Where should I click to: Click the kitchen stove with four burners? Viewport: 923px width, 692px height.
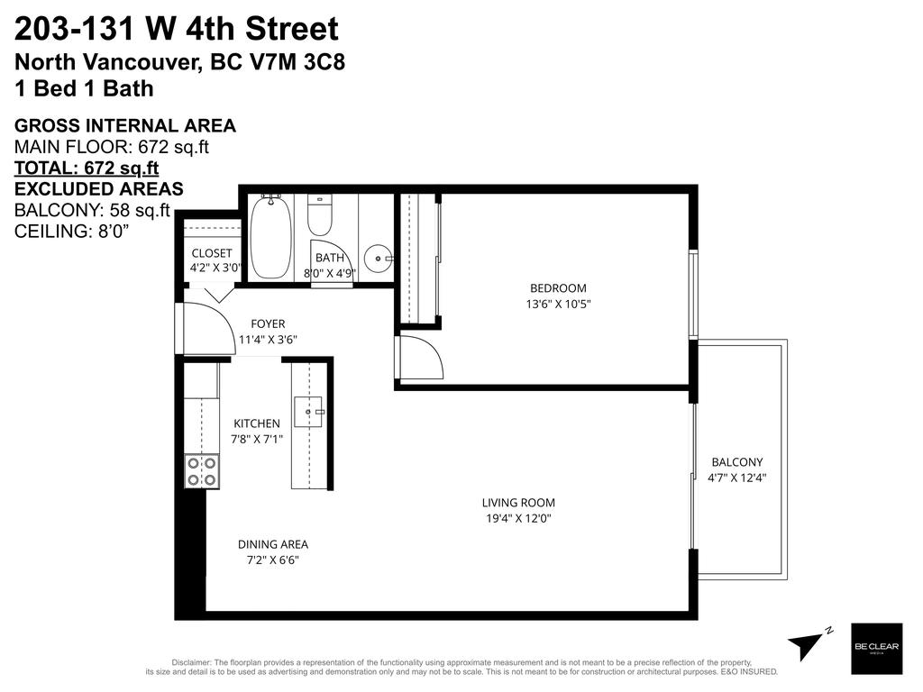tap(202, 470)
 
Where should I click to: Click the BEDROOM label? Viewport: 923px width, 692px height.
tap(558, 288)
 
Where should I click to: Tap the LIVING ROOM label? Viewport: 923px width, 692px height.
tap(518, 503)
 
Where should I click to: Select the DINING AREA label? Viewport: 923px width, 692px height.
tap(273, 544)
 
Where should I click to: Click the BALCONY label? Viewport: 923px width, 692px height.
tap(737, 462)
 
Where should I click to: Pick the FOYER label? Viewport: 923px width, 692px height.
tap(268, 323)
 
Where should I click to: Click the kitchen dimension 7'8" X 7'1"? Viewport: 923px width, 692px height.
tap(257, 440)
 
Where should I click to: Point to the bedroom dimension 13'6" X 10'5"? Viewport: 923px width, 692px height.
tap(558, 305)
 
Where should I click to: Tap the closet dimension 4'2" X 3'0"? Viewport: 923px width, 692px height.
tap(215, 269)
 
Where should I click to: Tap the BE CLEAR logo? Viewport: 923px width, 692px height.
tap(876, 648)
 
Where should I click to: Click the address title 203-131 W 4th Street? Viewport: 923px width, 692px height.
tap(177, 30)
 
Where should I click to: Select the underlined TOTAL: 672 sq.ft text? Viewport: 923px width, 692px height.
tap(87, 168)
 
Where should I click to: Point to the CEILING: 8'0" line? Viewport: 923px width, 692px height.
tap(71, 232)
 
